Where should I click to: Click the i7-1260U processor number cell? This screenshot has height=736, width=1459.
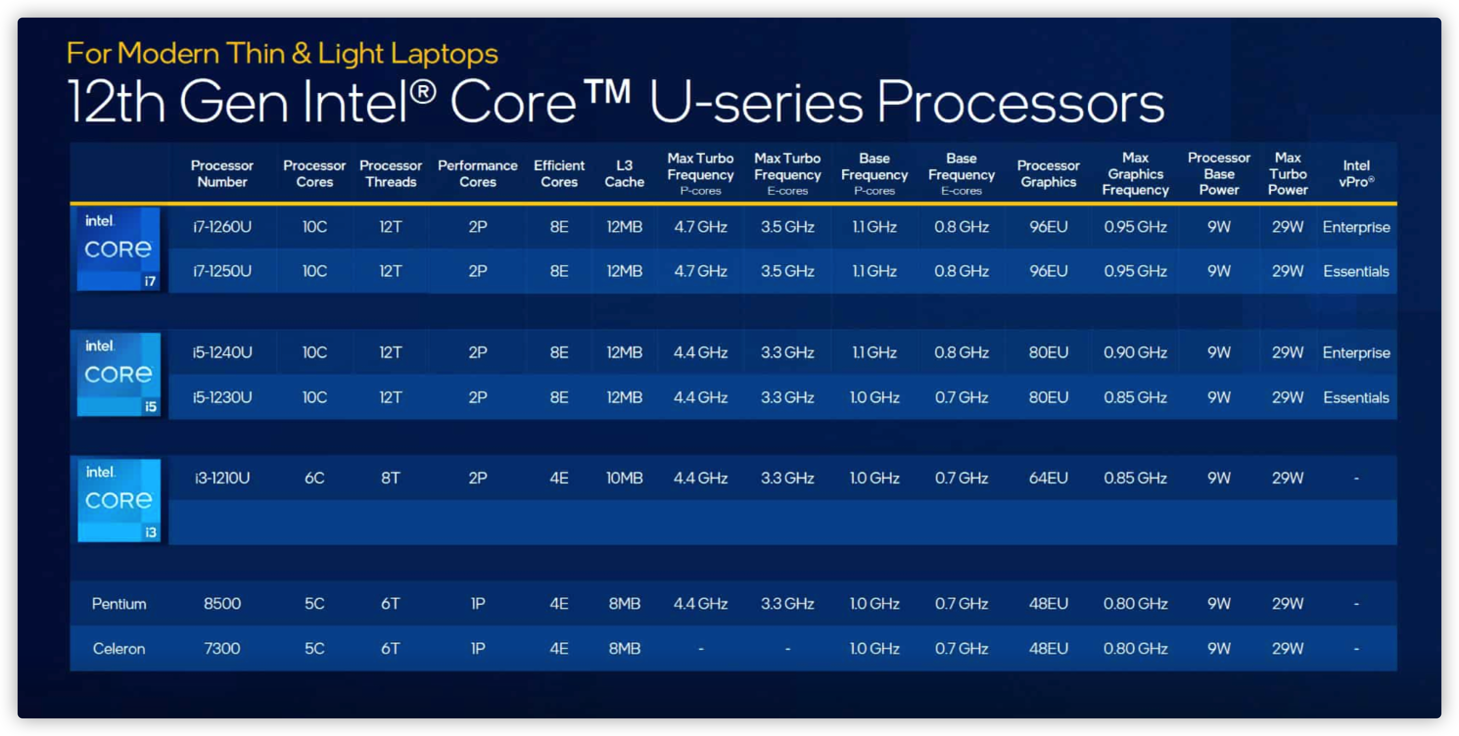[x=222, y=227]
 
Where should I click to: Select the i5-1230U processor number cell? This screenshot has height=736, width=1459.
[x=222, y=397]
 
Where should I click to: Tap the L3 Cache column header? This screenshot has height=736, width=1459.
[x=624, y=174]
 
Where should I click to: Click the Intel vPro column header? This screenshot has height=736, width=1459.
[x=1356, y=174]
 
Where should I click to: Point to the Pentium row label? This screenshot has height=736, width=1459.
[x=119, y=603]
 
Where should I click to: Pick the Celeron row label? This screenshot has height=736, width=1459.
[x=119, y=648]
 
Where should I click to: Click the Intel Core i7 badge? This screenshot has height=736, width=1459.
[x=118, y=249]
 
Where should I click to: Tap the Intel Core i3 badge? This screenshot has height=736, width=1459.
[x=119, y=501]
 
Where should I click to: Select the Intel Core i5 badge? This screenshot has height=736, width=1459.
[x=119, y=374]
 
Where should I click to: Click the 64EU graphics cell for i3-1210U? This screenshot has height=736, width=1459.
[x=1048, y=479]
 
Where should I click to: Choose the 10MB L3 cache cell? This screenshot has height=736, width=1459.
[x=624, y=479]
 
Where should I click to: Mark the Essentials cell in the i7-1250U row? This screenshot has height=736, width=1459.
[x=1356, y=271]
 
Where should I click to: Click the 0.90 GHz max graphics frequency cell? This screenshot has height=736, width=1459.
[x=1135, y=353]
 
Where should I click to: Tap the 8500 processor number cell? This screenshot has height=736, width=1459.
[x=222, y=603]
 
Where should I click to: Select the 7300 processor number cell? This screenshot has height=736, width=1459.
[x=222, y=648]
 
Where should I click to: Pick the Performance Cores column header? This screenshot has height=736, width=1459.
[x=477, y=174]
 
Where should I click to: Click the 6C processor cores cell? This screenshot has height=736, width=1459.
[x=314, y=479]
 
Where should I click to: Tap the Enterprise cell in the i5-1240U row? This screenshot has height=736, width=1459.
[x=1356, y=353]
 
